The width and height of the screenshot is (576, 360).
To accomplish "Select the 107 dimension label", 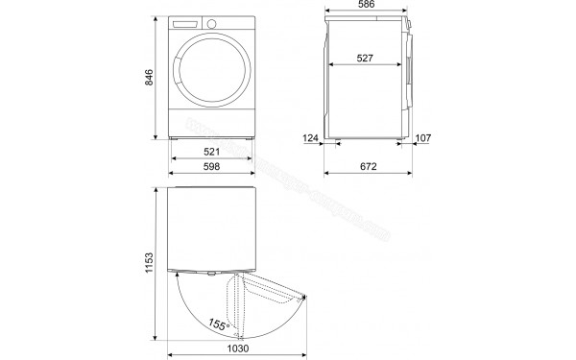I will pos(422,138).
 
